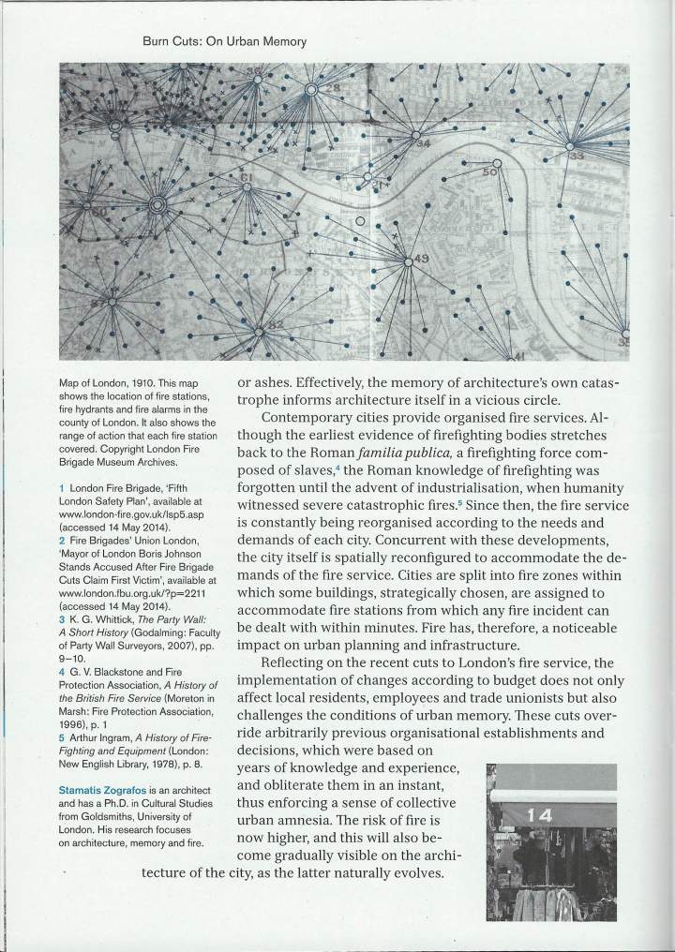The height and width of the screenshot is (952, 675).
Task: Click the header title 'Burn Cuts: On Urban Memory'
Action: pyautogui.click(x=224, y=42)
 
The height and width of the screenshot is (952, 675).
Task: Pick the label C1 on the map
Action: pyautogui.click(x=221, y=176)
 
